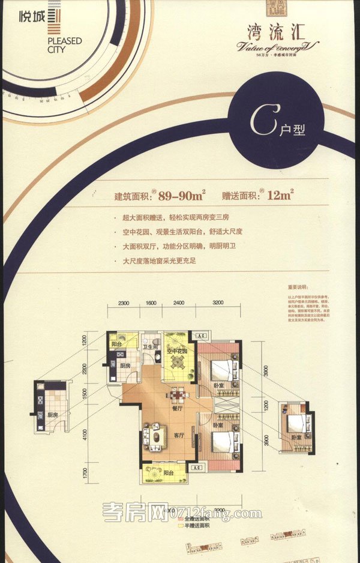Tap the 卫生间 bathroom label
click(149, 347)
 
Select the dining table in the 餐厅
click(177, 395)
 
